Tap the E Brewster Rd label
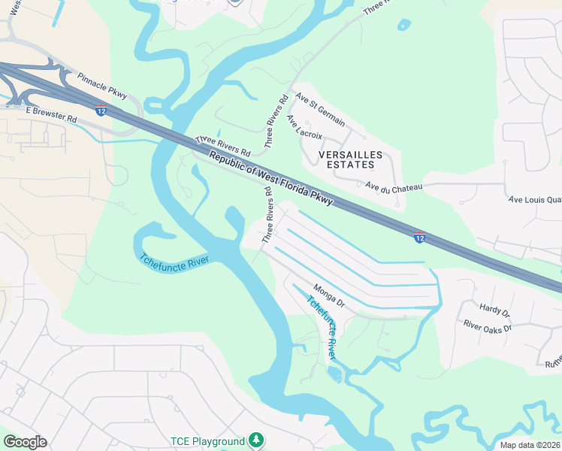tap(50, 114)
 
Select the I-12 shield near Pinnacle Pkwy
tap(101, 110)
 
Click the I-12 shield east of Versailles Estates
tap(420, 238)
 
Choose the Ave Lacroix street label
tap(304, 127)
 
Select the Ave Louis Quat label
tap(535, 200)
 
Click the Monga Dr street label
tap(328, 295)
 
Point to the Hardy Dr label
tap(494, 310)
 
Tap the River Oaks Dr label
tap(487, 326)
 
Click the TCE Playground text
tap(207, 441)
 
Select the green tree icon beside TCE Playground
tap(257, 440)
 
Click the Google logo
tap(25, 442)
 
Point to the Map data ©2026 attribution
tap(529, 445)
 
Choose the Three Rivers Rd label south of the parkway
tap(267, 215)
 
